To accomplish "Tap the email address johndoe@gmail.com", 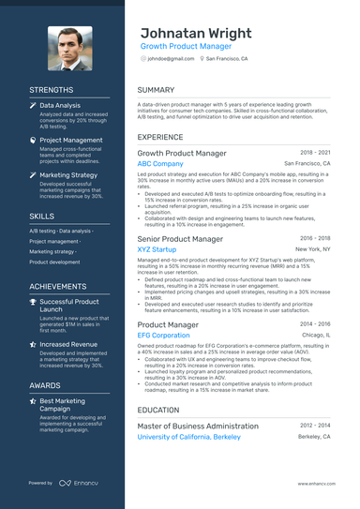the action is [x=170, y=58].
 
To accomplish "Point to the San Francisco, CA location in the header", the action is [x=226, y=58].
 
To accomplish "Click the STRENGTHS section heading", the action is [x=51, y=90].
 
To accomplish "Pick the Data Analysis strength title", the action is [x=60, y=107].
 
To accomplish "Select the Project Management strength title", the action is [x=71, y=141].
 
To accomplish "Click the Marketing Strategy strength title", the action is [x=68, y=175].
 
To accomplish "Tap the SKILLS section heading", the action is [x=41, y=216].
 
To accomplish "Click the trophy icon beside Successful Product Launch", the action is [x=33, y=303].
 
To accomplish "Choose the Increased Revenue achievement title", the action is [x=68, y=345].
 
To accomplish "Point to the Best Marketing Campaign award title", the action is [x=68, y=406].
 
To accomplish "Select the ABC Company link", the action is [x=160, y=163].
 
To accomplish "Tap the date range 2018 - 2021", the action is [x=314, y=152].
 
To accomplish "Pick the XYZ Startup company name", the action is [x=157, y=250].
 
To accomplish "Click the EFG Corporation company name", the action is [x=163, y=335].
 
